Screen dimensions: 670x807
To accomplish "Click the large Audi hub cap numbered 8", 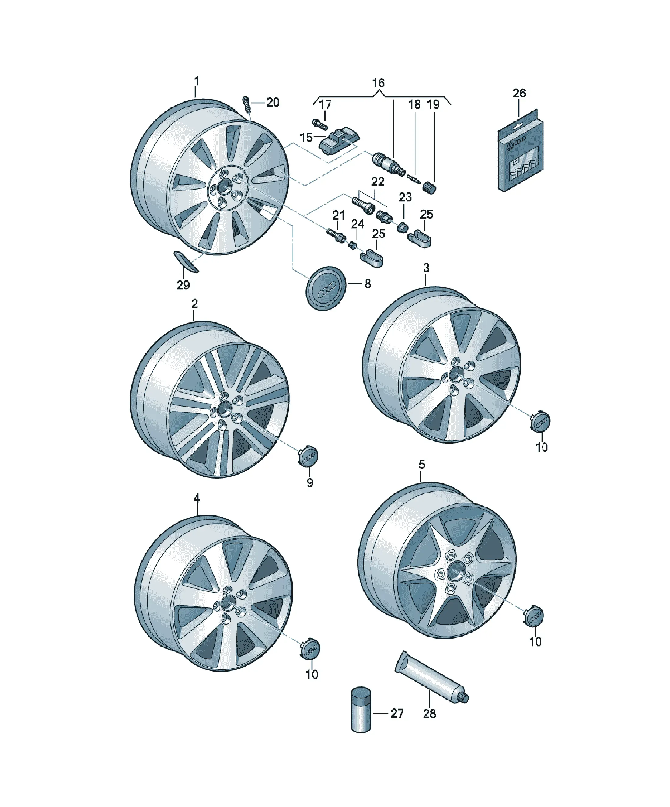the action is pyautogui.click(x=326, y=288).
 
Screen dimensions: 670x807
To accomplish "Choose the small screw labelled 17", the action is pyautogui.click(x=319, y=125).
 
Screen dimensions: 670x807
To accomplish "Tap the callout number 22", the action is pyautogui.click(x=378, y=182).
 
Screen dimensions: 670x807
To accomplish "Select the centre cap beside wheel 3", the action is pyautogui.click(x=541, y=422).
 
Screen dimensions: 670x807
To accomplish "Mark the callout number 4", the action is pyautogui.click(x=197, y=498).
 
